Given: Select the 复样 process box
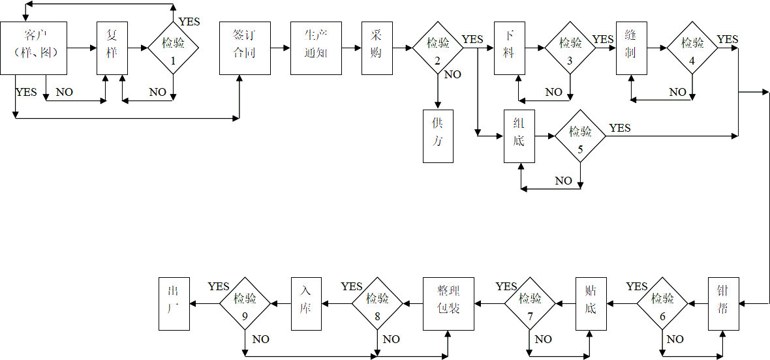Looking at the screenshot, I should point(112,48).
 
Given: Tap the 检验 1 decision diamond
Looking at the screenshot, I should point(173,48).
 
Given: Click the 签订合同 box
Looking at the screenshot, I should point(243,48).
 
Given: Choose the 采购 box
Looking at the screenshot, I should point(377,48).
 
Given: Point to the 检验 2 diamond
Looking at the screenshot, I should point(438,48).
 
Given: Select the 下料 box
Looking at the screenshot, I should point(508,48).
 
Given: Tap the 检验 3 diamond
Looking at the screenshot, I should point(570,48).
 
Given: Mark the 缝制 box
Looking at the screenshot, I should point(630,48).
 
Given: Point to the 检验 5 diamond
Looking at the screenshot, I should point(580,136).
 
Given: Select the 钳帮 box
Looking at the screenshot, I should point(724,304).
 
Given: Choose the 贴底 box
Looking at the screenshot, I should point(591,304).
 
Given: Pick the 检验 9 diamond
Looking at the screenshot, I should point(245,304).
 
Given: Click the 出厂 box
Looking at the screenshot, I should point(174,304).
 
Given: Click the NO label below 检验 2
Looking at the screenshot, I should point(453,74).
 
